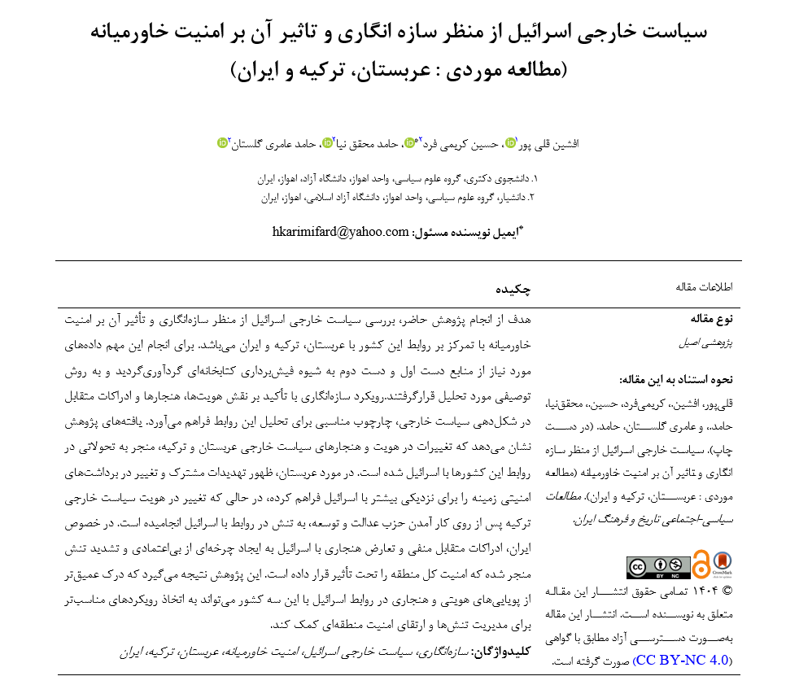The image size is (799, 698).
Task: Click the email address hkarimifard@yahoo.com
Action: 340,231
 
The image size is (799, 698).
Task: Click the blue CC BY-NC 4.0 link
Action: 682,660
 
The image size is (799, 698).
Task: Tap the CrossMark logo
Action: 722,564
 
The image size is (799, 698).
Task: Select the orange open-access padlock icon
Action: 701,565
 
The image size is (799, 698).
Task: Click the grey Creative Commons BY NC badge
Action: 658,566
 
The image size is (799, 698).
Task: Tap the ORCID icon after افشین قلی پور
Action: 511,143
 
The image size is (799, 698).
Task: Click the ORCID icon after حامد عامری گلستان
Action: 222,143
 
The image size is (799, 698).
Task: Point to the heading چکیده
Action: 513,289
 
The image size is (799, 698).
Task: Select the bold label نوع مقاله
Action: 712,318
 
